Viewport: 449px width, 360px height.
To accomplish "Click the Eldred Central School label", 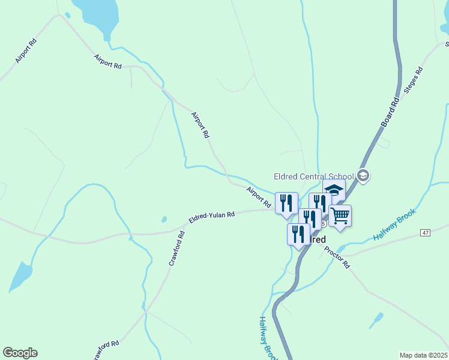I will (313, 176).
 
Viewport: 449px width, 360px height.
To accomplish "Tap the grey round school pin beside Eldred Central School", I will (363, 176).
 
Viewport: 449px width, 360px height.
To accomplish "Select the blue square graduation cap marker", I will (334, 190).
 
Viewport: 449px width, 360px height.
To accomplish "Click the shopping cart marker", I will (340, 216).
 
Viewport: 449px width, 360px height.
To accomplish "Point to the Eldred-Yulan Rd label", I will (211, 217).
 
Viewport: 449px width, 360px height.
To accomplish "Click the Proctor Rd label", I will (337, 257).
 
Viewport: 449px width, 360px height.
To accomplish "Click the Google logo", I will (20, 353).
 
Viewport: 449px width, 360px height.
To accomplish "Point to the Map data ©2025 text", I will (423, 355).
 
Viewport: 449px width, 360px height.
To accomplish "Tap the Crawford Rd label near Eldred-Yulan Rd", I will (176, 253).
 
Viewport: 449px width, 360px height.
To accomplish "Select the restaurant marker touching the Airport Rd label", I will (286, 203).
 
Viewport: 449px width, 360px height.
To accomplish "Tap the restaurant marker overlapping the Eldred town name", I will (298, 234).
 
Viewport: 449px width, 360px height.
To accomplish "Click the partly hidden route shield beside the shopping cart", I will (324, 223).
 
